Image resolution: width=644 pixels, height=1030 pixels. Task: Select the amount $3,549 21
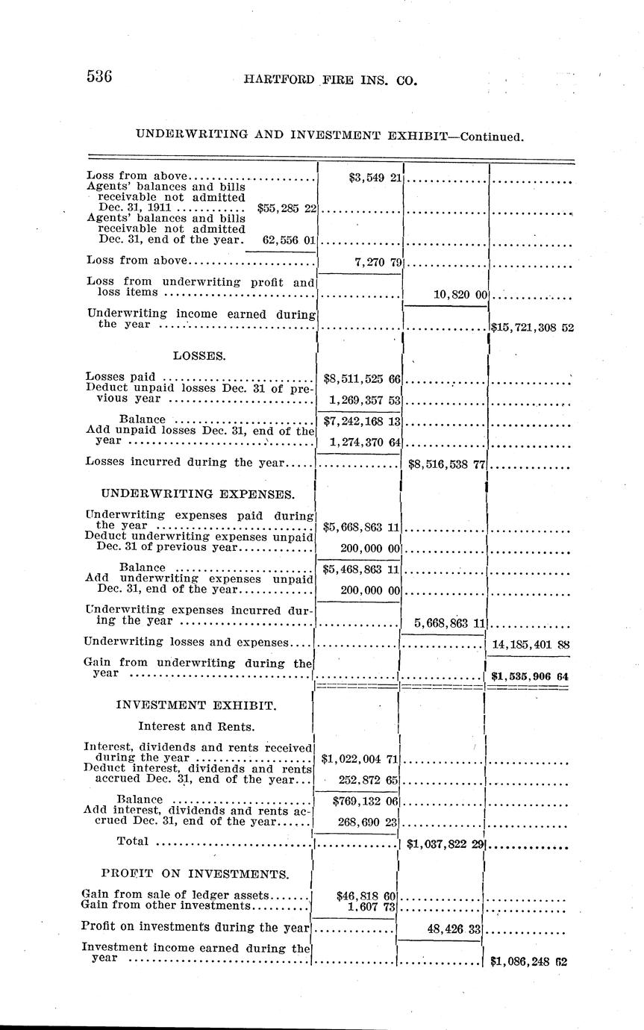click(375, 178)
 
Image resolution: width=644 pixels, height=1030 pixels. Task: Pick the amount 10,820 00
click(460, 295)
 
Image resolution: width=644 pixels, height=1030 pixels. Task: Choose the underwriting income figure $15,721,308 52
click(532, 327)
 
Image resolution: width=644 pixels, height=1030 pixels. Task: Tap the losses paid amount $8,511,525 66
click(360, 379)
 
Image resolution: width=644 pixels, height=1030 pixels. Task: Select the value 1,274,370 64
click(363, 443)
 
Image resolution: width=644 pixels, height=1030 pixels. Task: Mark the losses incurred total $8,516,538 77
click(446, 463)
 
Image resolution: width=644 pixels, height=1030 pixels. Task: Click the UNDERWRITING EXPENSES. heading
click(197, 494)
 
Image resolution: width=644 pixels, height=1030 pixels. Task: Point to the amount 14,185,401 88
click(533, 643)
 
